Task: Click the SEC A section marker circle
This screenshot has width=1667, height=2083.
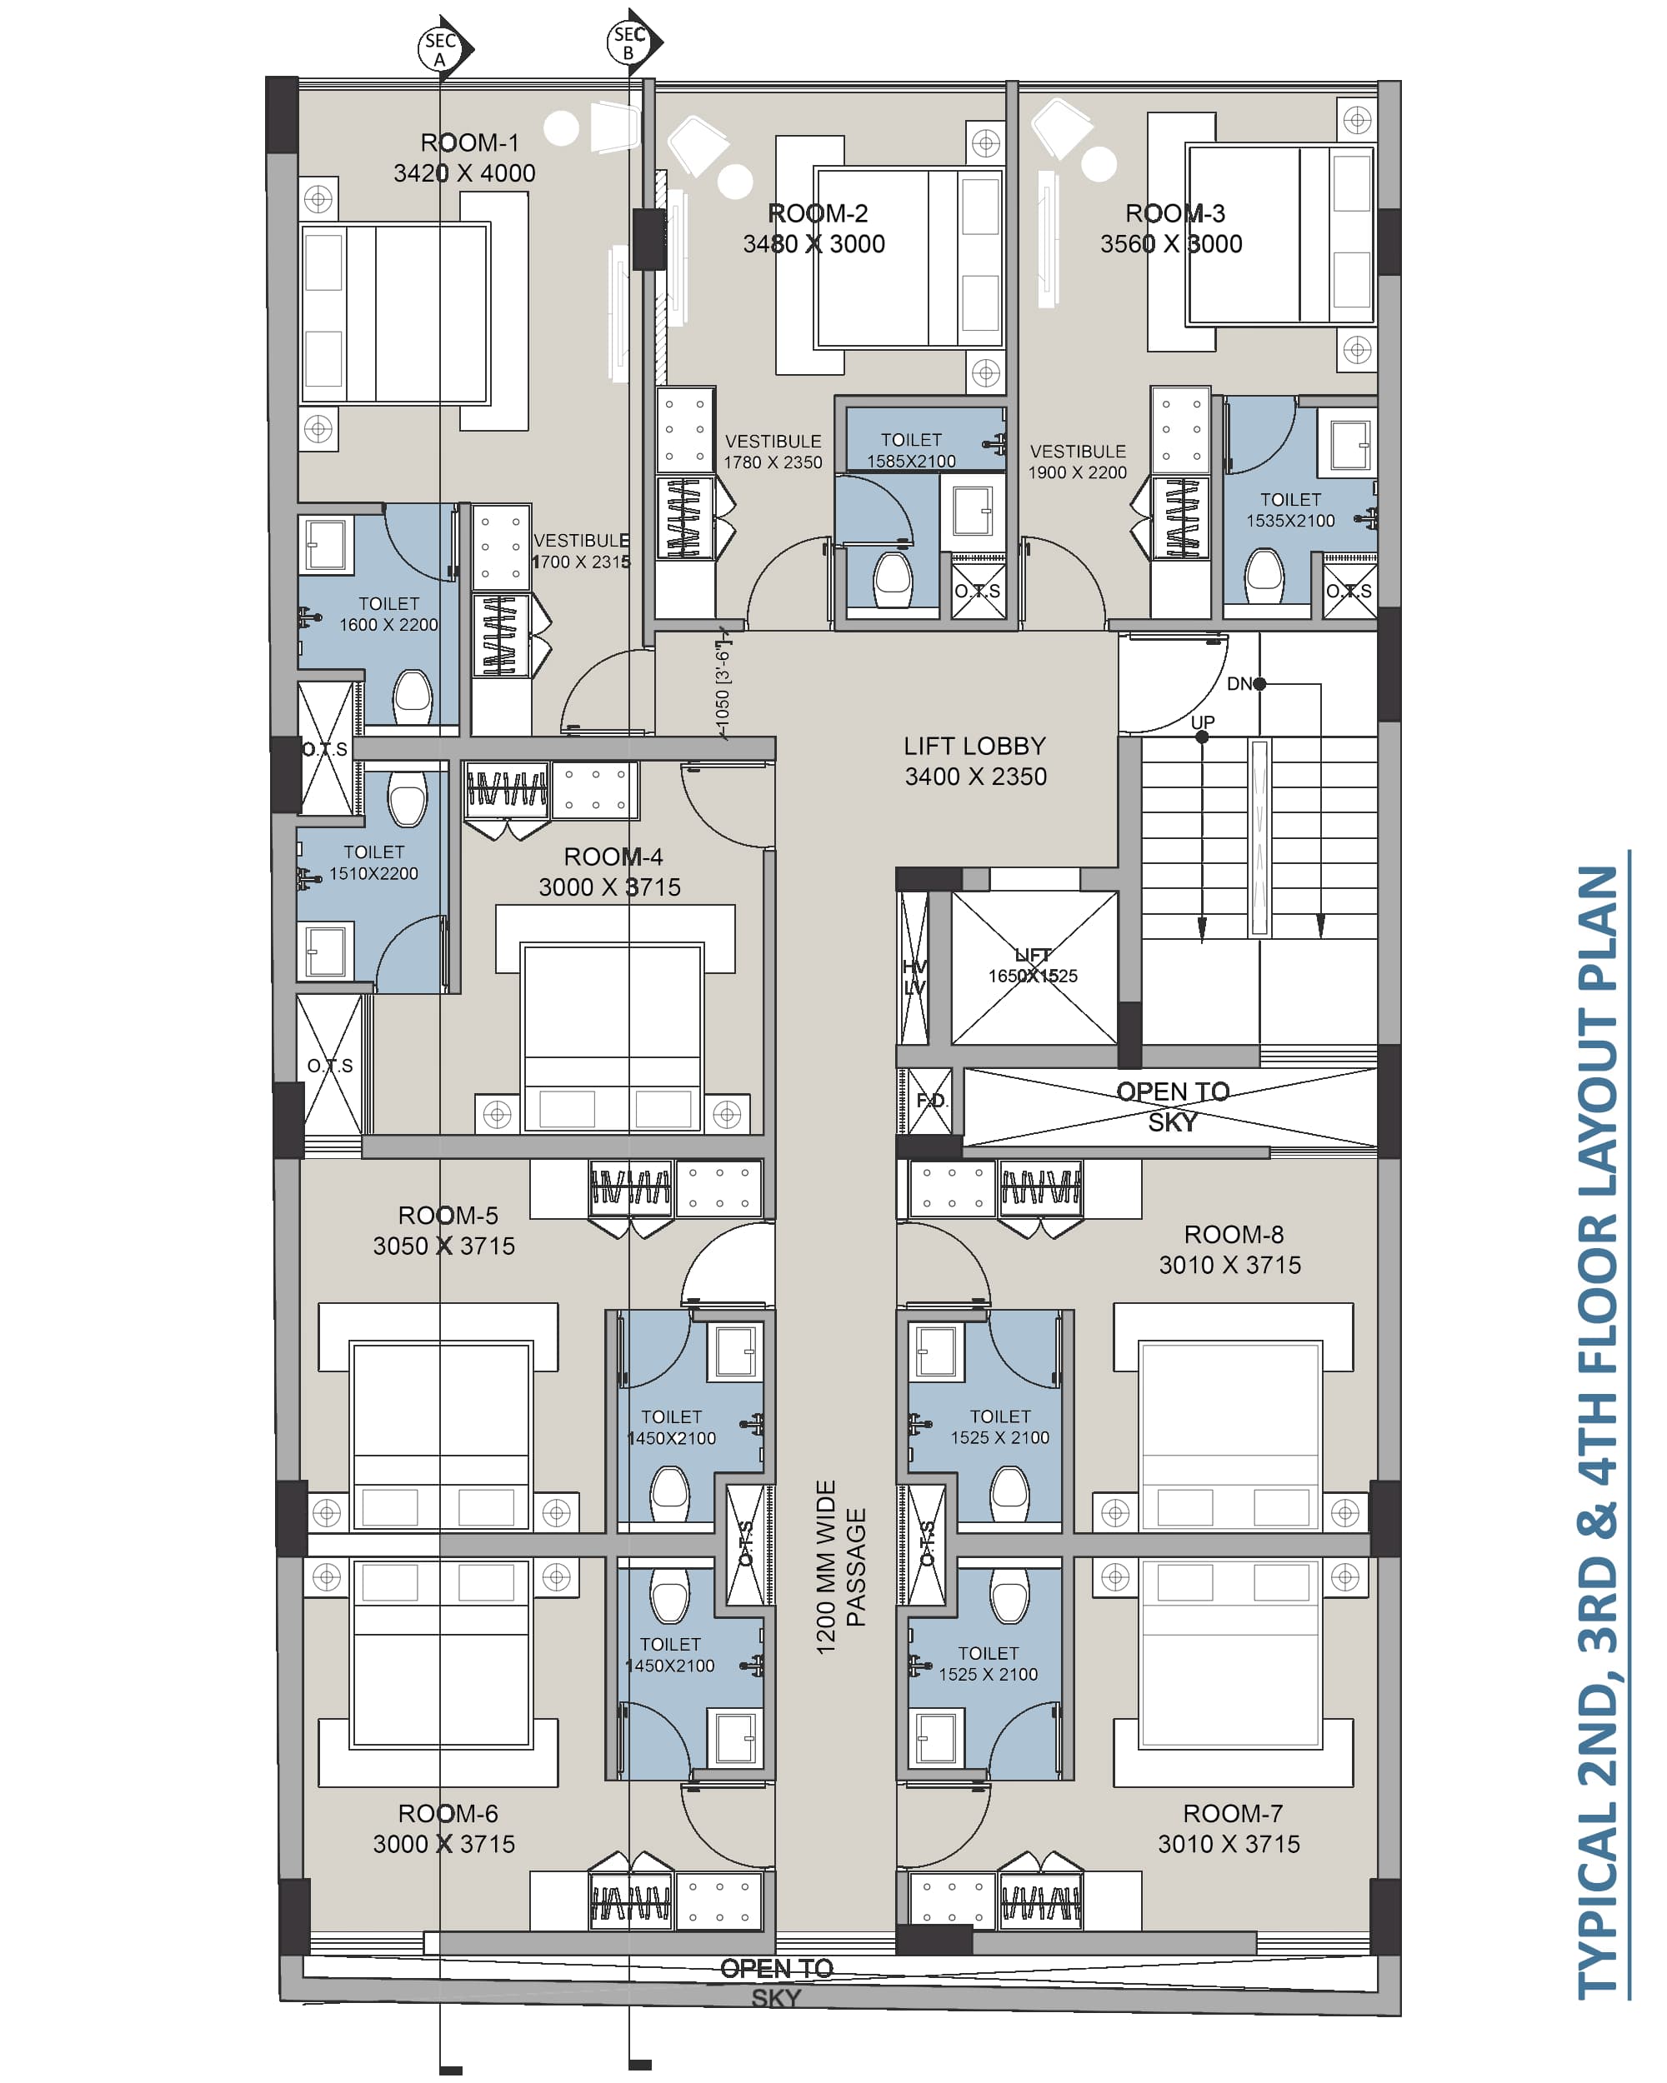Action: click(440, 49)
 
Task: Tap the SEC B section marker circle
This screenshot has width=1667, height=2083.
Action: click(629, 42)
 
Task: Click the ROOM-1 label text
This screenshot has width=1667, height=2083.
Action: click(469, 143)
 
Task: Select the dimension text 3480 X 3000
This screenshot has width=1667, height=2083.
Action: click(813, 244)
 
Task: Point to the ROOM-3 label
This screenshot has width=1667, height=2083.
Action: click(1175, 213)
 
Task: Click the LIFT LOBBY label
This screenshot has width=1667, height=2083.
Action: click(975, 746)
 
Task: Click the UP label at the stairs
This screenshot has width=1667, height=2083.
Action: click(1203, 722)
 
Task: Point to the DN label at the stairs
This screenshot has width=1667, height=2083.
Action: click(1240, 684)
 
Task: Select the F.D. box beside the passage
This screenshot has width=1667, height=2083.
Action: click(931, 1101)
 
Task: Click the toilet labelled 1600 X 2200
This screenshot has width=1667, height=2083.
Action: click(378, 614)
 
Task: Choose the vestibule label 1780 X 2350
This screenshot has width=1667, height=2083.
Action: click(773, 452)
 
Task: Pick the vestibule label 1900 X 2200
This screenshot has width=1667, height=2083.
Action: click(1078, 462)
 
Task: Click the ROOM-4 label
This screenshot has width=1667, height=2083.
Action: click(613, 857)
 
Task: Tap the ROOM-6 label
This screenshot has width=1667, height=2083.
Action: click(448, 1813)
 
